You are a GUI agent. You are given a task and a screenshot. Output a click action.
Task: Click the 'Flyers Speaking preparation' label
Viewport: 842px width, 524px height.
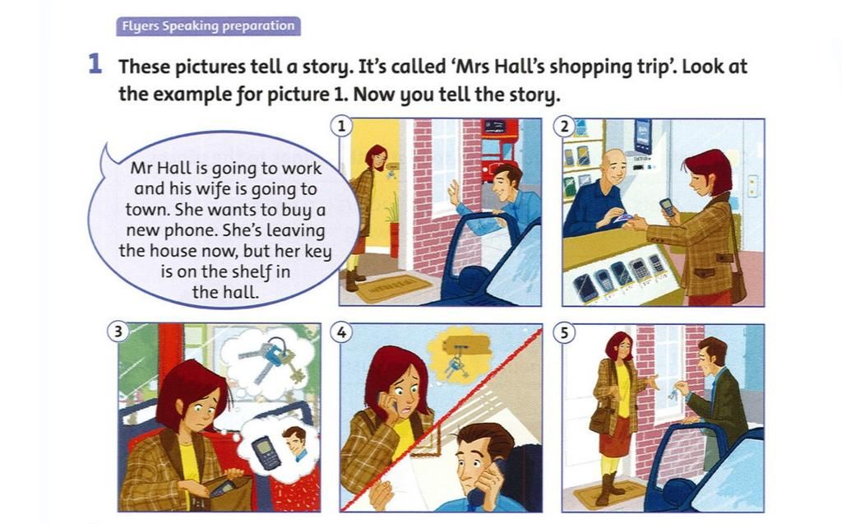coord(208,26)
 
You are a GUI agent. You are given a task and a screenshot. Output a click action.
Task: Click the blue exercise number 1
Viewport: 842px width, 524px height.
coord(95,64)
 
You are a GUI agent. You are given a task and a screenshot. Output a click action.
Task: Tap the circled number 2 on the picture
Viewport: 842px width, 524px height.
coord(564,127)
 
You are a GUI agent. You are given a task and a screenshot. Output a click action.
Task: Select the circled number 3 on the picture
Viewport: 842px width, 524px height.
coord(118,332)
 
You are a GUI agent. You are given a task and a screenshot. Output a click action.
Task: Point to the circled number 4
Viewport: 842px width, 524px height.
coord(341,332)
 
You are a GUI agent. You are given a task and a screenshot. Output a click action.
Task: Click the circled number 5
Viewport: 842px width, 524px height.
coord(564,332)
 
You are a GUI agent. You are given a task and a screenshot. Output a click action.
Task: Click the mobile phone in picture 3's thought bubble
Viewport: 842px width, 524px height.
coord(266,452)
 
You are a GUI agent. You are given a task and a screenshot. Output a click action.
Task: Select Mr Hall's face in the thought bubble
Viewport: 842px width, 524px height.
coord(295,442)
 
